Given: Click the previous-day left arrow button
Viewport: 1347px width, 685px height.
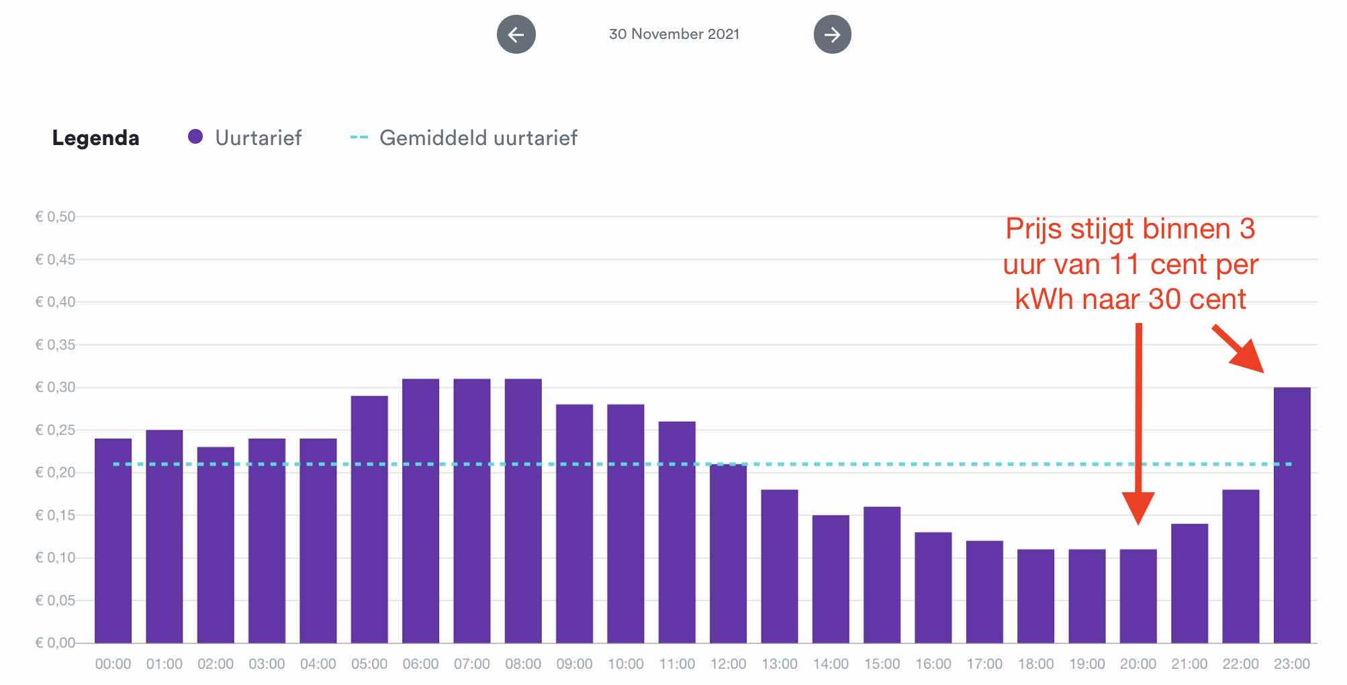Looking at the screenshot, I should pyautogui.click(x=516, y=34).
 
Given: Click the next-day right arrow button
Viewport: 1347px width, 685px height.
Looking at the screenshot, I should pyautogui.click(x=832, y=34).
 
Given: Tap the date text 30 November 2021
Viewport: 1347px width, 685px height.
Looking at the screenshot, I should pyautogui.click(x=673, y=34).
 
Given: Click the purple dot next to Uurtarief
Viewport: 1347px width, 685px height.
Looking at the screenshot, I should pyautogui.click(x=195, y=137).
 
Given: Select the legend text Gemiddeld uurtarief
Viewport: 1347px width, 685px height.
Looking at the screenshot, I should pyautogui.click(x=477, y=138).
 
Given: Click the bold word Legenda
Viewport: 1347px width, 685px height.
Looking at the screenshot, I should pyautogui.click(x=96, y=138).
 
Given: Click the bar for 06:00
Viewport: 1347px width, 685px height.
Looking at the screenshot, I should pyautogui.click(x=420, y=510).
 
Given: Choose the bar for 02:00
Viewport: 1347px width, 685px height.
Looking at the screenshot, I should pyautogui.click(x=216, y=545).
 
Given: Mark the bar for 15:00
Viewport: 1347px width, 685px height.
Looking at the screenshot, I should pyautogui.click(x=882, y=574).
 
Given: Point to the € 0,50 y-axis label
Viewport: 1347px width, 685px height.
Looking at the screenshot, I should pyautogui.click(x=55, y=216).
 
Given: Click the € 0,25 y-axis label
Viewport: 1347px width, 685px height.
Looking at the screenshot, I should pyautogui.click(x=55, y=430).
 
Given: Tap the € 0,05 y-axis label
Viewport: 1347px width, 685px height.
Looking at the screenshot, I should pyautogui.click(x=55, y=600).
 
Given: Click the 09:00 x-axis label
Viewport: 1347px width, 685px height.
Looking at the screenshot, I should pyautogui.click(x=574, y=664).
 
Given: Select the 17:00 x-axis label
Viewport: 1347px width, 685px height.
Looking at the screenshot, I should pyautogui.click(x=984, y=664).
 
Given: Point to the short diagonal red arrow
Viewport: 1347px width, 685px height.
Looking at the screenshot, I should pyautogui.click(x=1239, y=349).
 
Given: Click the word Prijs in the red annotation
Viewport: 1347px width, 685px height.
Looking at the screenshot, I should pyautogui.click(x=1034, y=229).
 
